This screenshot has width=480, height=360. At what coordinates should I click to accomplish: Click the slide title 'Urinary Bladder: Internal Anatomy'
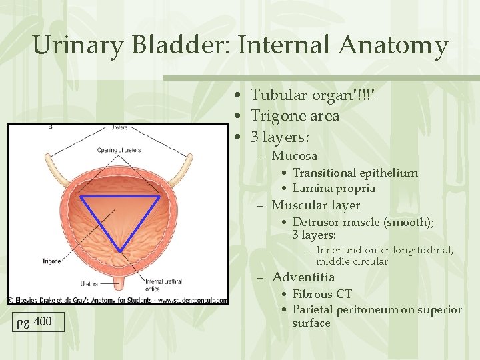click(x=240, y=45)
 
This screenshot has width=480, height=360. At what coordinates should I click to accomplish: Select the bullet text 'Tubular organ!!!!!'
click(x=312, y=95)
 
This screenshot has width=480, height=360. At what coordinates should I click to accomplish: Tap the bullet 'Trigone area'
click(x=295, y=116)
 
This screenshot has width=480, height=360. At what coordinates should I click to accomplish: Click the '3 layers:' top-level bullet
click(x=279, y=137)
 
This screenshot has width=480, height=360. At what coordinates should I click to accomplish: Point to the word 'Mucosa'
click(x=294, y=157)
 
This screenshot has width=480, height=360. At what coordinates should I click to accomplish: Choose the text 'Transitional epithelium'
click(x=355, y=173)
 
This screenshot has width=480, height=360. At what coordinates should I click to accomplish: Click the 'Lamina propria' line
click(x=333, y=189)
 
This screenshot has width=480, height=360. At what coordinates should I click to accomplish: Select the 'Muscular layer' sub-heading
click(x=315, y=205)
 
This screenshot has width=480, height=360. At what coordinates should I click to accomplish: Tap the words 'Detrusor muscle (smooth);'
click(x=363, y=222)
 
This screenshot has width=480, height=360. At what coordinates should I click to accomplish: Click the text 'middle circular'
click(x=351, y=262)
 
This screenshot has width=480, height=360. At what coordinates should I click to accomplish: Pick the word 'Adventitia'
click(x=303, y=277)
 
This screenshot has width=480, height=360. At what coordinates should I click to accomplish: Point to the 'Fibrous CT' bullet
click(x=322, y=294)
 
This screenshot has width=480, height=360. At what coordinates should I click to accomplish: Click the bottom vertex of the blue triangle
click(x=119, y=251)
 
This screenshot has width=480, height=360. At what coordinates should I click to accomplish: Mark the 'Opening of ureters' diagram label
click(x=119, y=149)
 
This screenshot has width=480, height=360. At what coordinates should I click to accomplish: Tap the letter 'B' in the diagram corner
click(x=51, y=127)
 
